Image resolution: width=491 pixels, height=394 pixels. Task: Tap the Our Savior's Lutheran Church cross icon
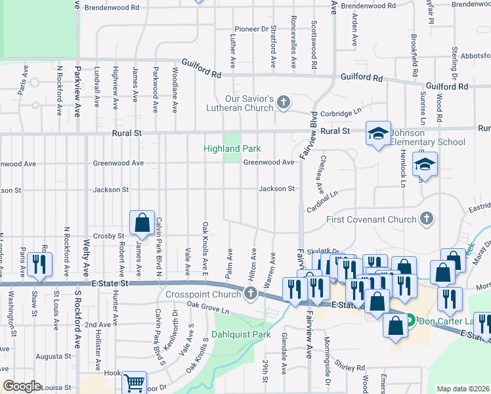(x=284, y=102)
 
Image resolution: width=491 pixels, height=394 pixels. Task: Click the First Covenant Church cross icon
(x=426, y=219)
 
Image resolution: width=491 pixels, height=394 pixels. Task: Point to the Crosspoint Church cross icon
(x=250, y=294)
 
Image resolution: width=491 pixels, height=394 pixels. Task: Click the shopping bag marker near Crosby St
(x=142, y=223)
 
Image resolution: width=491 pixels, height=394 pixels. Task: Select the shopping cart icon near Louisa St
(x=134, y=382)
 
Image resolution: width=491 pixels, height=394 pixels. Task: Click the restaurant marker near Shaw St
(x=42, y=264)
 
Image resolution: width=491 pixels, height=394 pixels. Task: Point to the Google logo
(x=22, y=386)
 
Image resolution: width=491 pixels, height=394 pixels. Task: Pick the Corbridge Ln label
(x=342, y=113)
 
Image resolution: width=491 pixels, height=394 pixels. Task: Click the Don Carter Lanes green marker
(x=410, y=321)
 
